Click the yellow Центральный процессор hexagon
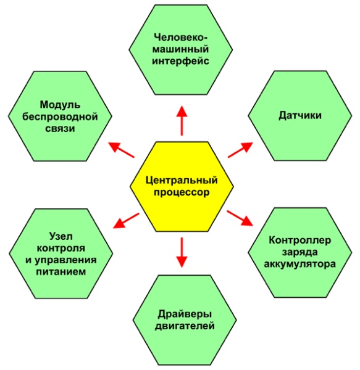(x=182, y=186)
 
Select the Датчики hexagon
(x=299, y=116)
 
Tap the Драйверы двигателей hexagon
(x=185, y=320)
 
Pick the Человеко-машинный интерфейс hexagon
(x=181, y=49)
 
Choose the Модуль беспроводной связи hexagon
(x=60, y=116)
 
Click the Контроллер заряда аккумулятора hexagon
(x=299, y=252)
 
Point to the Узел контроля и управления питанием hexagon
(x=61, y=253)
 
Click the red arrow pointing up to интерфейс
(x=182, y=121)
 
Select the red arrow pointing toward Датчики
(x=240, y=150)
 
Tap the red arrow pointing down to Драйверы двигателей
(x=182, y=252)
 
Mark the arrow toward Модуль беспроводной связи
(x=121, y=150)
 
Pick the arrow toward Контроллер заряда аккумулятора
(x=240, y=218)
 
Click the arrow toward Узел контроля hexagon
(x=126, y=221)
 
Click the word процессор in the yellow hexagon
(x=182, y=193)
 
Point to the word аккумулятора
(x=299, y=264)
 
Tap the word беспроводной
(x=60, y=117)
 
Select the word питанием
(x=61, y=272)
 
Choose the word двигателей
(x=185, y=326)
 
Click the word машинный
(x=181, y=49)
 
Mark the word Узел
(x=61, y=236)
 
